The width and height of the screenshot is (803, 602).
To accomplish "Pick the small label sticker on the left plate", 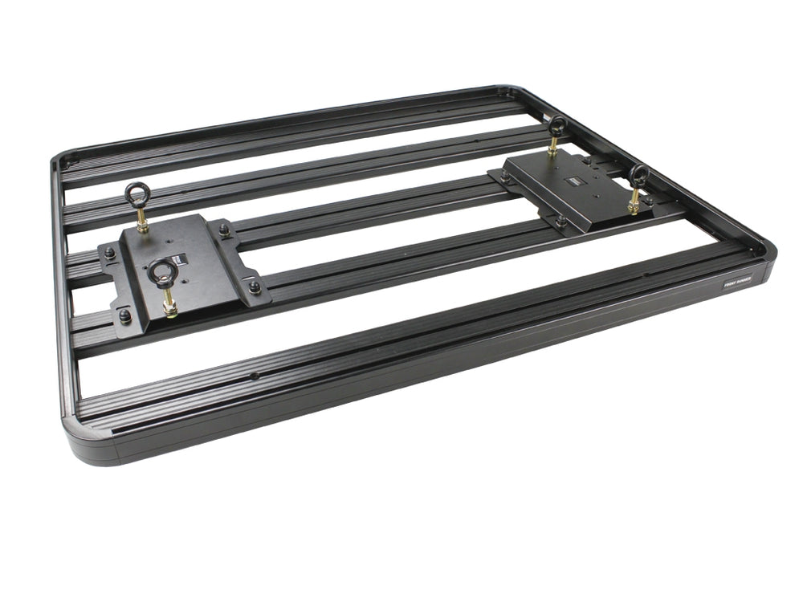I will pos(182,258).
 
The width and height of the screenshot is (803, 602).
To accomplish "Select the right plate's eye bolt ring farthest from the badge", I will pos(556,125).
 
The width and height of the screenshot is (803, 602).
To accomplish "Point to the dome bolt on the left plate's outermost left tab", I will pos(109,252).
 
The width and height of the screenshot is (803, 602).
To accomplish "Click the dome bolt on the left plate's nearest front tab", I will pos(125,314).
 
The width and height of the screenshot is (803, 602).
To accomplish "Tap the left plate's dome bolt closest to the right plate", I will pos(255,285).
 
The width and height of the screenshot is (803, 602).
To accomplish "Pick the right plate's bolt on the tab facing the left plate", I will pos(504,173).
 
